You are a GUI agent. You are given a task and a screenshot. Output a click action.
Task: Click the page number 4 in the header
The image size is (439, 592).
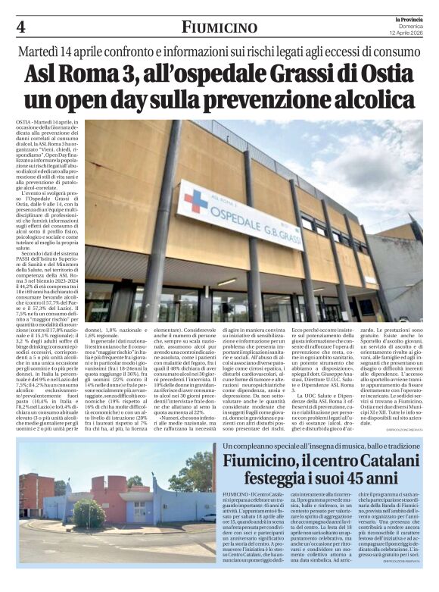(20, 27)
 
